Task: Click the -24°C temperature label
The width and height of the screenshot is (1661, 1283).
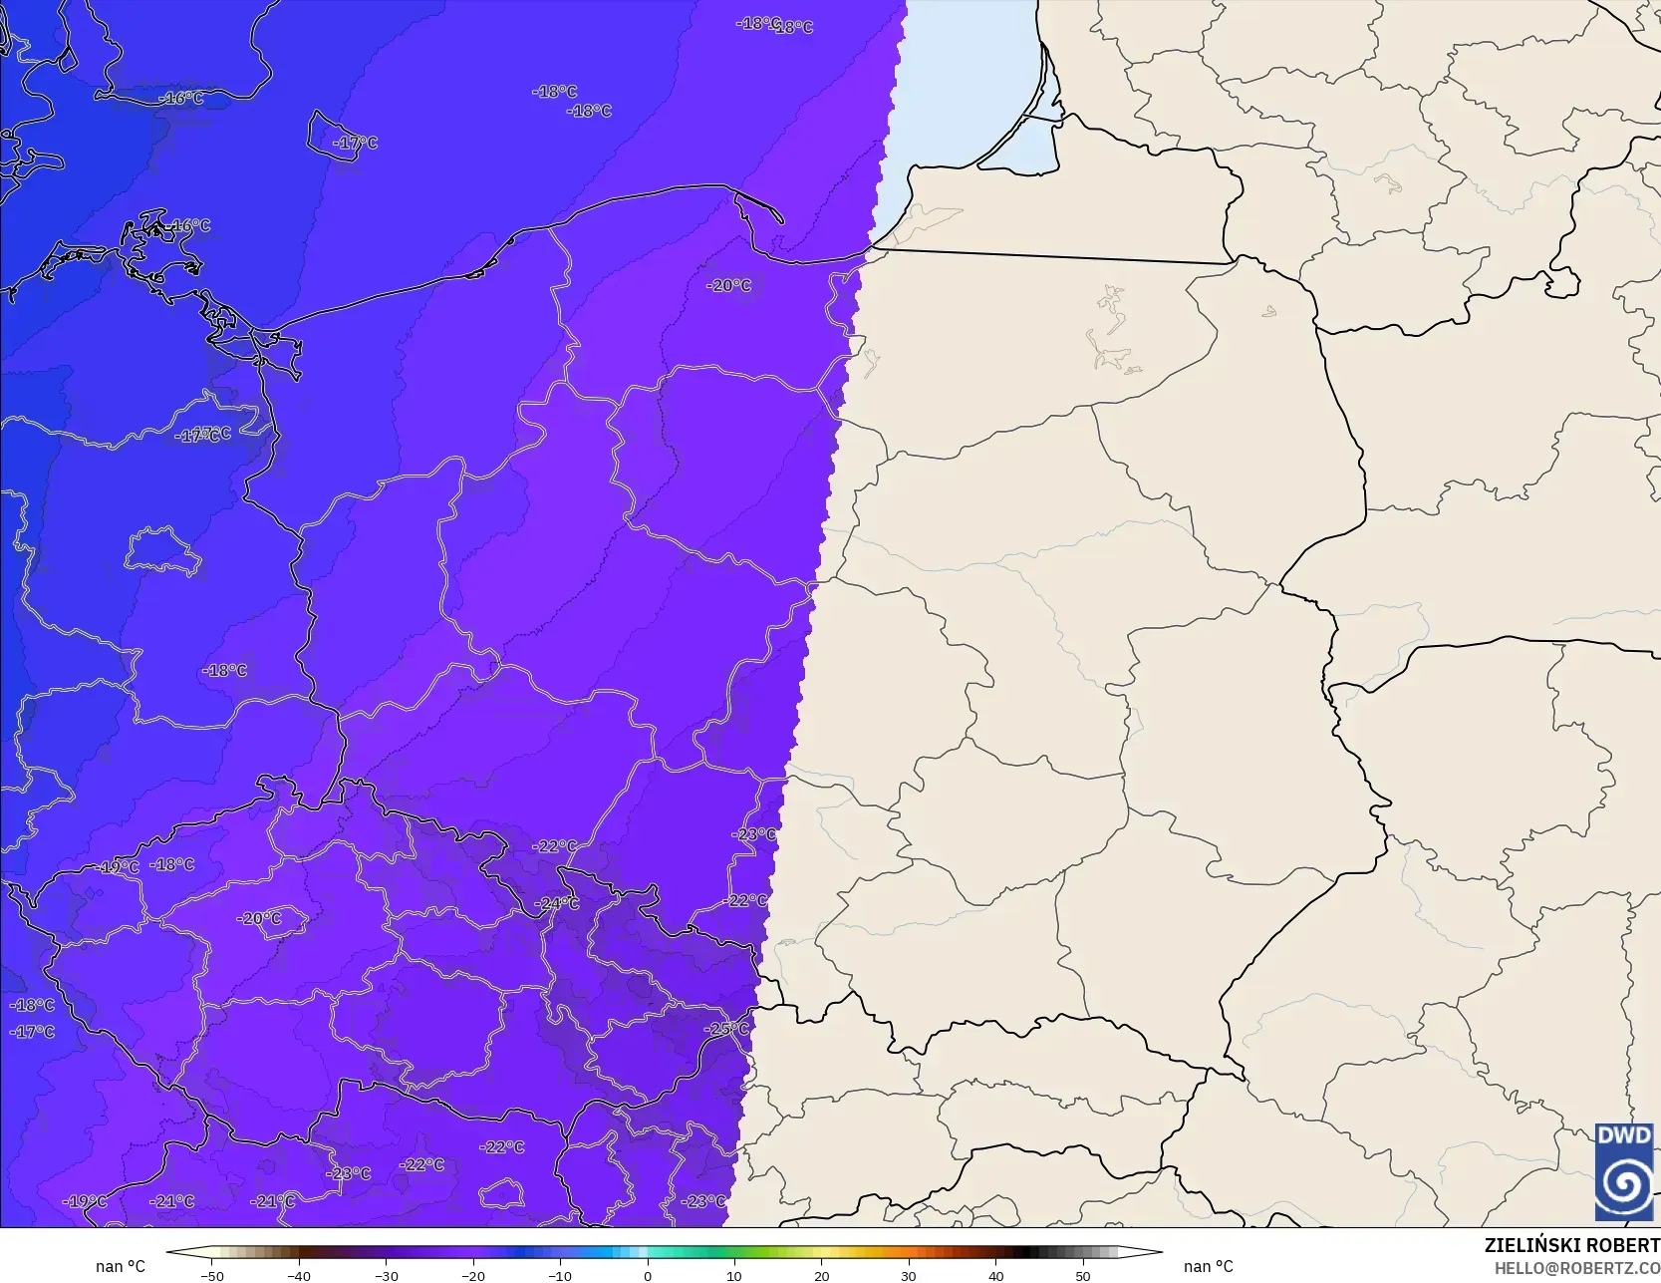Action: (x=557, y=903)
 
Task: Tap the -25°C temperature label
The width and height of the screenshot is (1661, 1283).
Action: (x=726, y=1028)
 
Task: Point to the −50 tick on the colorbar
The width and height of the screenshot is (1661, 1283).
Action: (x=212, y=1275)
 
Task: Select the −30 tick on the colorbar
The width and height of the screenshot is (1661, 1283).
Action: (x=387, y=1275)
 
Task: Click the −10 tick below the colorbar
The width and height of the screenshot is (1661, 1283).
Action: (x=560, y=1275)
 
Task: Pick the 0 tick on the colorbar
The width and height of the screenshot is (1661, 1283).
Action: (x=648, y=1275)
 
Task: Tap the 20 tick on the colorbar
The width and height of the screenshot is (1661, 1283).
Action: (x=821, y=1275)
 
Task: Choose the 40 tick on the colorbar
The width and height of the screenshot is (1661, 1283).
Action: (x=995, y=1275)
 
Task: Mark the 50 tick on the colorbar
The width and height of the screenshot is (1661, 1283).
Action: (x=1082, y=1275)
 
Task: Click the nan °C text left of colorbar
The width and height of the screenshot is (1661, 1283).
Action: (x=121, y=1266)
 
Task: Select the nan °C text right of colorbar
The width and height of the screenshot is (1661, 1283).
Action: (x=1208, y=1266)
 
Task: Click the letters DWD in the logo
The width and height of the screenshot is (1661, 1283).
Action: (x=1623, y=1135)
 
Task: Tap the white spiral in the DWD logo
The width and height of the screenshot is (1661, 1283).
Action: (x=1623, y=1183)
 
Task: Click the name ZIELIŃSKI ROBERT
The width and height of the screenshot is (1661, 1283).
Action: (x=1571, y=1245)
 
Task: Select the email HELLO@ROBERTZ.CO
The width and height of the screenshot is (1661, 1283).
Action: (x=1576, y=1267)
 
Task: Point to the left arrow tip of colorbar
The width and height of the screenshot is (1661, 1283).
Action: (x=168, y=1252)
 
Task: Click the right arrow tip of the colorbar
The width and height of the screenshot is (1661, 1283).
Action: (x=1161, y=1252)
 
